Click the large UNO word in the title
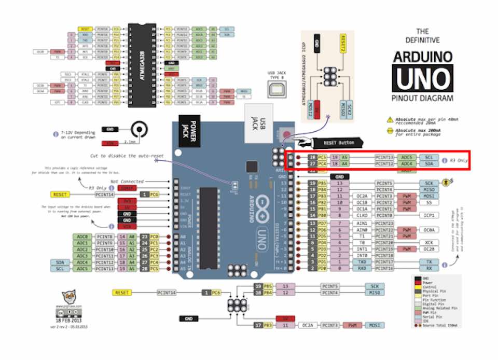422,78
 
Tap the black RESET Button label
337,142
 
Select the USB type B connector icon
275,89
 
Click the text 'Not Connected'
126,181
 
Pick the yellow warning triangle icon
390,119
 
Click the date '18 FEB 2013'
72,322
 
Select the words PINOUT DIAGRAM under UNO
422,98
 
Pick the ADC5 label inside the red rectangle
407,157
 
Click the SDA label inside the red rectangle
429,164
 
